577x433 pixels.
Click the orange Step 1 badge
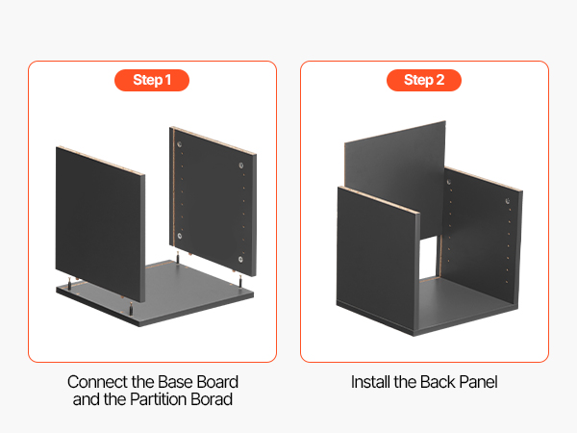[152, 80]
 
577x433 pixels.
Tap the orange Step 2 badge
[424, 80]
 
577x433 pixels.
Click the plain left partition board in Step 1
[100, 224]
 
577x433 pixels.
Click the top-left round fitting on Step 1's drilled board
[180, 144]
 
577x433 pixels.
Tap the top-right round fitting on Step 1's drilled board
[241, 166]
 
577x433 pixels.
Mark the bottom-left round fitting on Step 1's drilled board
[180, 236]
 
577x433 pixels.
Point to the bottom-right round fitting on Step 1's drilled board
[240, 260]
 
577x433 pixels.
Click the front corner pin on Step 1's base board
[131, 309]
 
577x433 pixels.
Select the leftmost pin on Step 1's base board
[69, 284]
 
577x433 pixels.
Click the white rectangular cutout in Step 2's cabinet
[429, 257]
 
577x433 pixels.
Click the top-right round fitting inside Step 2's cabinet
[508, 201]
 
